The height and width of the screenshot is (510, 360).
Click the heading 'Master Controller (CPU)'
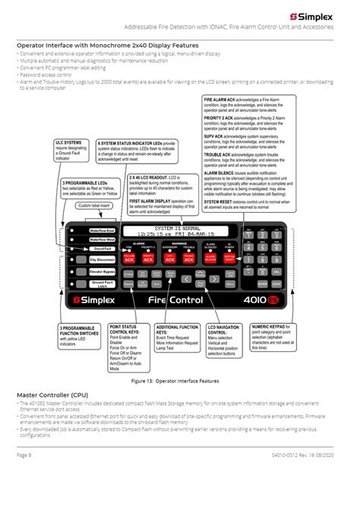pyautogui.click(x=51, y=395)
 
